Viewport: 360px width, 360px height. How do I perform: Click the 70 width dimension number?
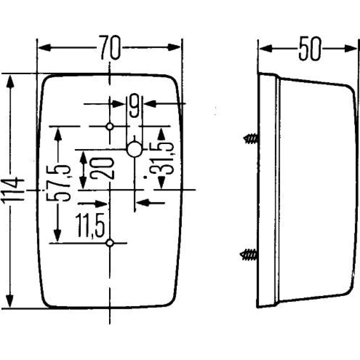click(109, 48)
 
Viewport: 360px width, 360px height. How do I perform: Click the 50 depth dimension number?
click(309, 49)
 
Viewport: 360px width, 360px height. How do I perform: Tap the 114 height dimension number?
click(13, 190)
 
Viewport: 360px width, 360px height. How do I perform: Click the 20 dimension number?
click(102, 168)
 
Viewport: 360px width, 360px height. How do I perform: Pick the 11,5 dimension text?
click(90, 225)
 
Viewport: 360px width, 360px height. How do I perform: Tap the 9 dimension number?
click(134, 105)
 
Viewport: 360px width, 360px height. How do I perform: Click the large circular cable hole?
click(134, 149)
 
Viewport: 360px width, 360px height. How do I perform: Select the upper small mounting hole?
click(110, 126)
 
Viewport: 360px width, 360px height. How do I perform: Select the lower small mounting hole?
click(110, 243)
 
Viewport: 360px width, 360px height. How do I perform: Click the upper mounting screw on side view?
click(251, 139)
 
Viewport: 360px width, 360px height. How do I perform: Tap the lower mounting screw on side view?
click(249, 255)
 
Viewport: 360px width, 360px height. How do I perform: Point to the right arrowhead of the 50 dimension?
click(351, 49)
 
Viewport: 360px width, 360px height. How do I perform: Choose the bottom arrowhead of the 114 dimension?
click(10, 300)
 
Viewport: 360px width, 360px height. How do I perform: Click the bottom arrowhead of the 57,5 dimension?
click(57, 235)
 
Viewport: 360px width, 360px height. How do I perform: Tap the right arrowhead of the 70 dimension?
click(174, 47)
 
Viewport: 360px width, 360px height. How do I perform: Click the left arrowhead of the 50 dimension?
click(266, 49)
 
